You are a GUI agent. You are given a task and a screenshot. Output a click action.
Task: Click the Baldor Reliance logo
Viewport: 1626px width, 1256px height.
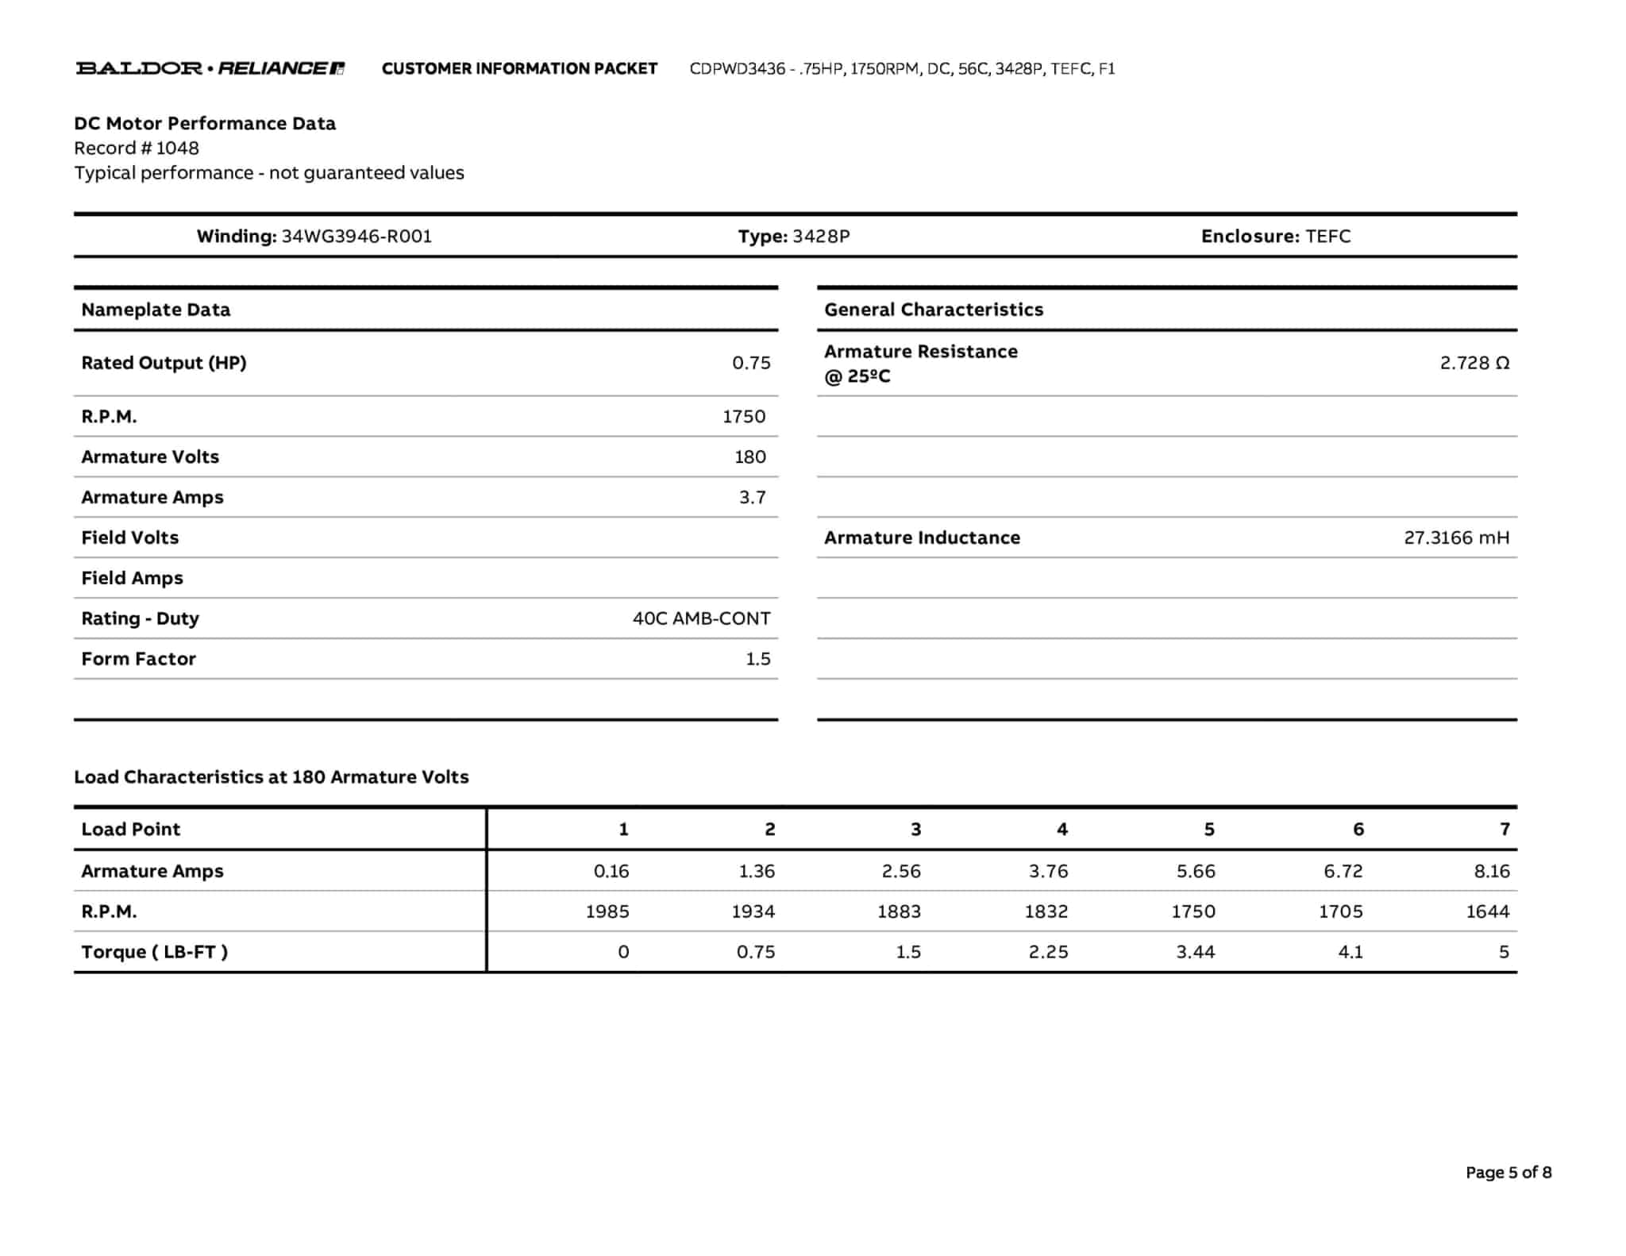[x=210, y=68]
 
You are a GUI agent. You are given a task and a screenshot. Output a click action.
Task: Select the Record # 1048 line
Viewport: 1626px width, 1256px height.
[x=137, y=148]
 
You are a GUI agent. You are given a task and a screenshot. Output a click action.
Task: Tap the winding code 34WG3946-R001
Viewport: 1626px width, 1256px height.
[x=356, y=236]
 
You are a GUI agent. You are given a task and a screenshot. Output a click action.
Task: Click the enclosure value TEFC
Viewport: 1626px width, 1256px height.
[x=1327, y=236]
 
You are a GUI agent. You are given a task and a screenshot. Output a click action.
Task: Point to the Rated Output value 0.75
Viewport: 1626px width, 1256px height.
[x=751, y=363]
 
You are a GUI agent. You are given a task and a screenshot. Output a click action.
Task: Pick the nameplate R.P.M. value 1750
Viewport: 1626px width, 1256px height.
[x=744, y=417]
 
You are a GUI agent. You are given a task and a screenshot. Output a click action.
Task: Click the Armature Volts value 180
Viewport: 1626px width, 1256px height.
[x=749, y=457]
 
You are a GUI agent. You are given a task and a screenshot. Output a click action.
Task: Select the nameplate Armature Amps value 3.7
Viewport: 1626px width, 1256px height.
[x=752, y=497]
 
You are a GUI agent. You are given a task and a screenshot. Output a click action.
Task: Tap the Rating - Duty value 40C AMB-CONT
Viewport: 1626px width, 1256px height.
[x=701, y=618]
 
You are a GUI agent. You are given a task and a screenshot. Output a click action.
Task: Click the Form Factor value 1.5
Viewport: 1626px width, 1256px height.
[x=757, y=659]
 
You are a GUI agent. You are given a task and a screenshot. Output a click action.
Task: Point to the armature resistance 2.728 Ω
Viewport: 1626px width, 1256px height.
[x=1474, y=363]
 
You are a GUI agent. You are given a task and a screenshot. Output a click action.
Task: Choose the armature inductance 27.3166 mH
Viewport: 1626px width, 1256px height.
[x=1456, y=537]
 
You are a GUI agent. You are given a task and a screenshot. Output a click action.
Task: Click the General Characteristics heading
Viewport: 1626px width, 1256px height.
[x=934, y=310]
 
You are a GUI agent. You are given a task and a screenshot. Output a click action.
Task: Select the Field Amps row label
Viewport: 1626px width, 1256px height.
[x=132, y=578]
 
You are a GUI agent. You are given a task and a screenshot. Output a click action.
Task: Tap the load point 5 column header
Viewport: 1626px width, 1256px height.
[x=1208, y=830]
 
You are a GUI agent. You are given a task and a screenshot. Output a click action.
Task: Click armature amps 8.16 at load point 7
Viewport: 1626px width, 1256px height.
[x=1491, y=871]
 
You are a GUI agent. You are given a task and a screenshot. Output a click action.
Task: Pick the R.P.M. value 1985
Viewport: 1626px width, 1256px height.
[x=607, y=911]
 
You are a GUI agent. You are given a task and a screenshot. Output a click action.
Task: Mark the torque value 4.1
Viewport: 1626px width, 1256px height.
[x=1350, y=952]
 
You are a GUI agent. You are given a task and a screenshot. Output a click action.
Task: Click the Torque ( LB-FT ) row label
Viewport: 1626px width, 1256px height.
[x=155, y=952]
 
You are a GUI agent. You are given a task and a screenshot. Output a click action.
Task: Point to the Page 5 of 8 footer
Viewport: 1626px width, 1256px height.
[x=1508, y=1173]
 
